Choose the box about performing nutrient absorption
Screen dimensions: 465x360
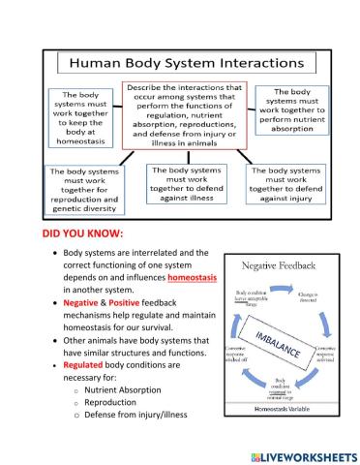tap(292, 110)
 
